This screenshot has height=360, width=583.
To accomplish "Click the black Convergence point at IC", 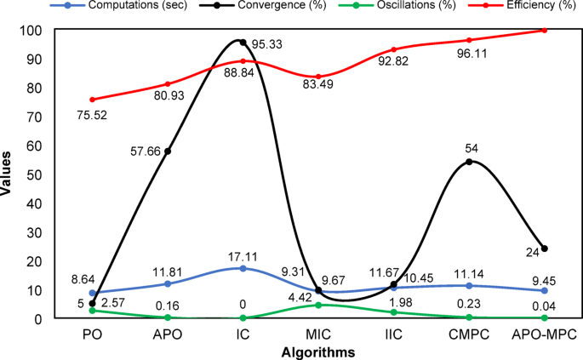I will [x=243, y=43].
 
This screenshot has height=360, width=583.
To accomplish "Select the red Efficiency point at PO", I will [x=92, y=100].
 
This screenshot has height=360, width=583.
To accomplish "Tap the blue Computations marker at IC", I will [x=243, y=268].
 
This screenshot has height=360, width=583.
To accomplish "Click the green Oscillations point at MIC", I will [x=318, y=305].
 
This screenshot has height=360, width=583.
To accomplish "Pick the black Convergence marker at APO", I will [x=168, y=151].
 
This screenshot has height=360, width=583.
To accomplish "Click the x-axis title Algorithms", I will [x=318, y=350].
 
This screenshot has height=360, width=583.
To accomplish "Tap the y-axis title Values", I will [x=9, y=174].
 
